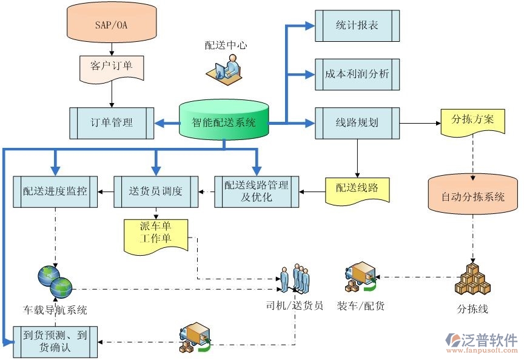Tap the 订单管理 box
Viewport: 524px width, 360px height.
[x=112, y=122]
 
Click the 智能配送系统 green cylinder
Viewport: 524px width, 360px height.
[x=224, y=121]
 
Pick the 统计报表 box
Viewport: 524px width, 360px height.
[x=357, y=26]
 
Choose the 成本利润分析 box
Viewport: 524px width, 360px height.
[x=357, y=74]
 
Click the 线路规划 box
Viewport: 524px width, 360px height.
[x=357, y=122]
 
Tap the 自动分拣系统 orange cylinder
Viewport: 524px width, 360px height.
[x=473, y=196]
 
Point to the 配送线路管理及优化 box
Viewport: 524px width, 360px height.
[x=256, y=192]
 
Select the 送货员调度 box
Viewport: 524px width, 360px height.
[x=156, y=192]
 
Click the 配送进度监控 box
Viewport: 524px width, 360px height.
[x=55, y=192]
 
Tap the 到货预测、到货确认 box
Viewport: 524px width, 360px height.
[x=55, y=340]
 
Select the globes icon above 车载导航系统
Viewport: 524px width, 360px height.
[x=55, y=280]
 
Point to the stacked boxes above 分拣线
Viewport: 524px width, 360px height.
[x=472, y=279]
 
